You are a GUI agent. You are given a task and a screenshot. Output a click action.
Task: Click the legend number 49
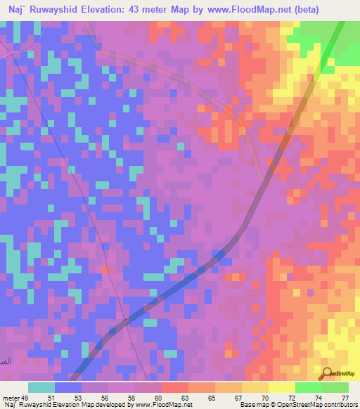click(x=27, y=397)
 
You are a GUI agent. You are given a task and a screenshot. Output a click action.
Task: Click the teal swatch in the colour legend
click(x=41, y=387)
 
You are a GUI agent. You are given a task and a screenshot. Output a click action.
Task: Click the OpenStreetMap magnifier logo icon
click(x=327, y=373)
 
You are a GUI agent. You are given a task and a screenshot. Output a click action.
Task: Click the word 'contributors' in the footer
click(x=340, y=405)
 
